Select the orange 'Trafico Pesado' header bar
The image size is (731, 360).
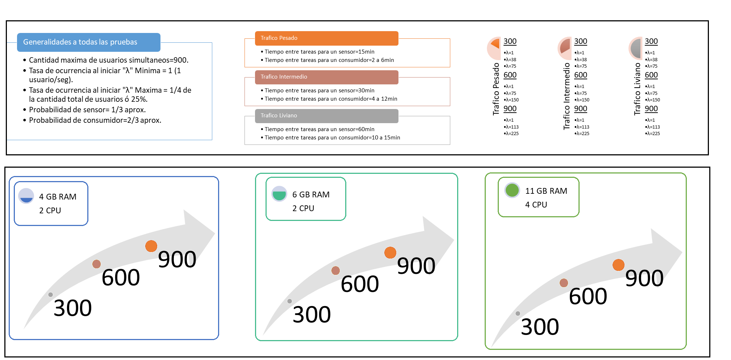[326, 38]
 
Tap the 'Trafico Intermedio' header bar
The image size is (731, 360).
[326, 77]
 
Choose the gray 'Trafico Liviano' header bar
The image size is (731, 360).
[326, 116]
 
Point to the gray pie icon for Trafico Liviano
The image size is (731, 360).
[636, 48]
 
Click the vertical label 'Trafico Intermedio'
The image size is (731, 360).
[567, 96]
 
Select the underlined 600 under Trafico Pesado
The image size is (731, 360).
[510, 75]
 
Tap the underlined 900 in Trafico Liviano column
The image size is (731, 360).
[651, 109]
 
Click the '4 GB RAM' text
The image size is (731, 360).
[58, 197]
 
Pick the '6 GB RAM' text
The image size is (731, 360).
[311, 194]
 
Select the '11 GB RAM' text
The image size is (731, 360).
[546, 191]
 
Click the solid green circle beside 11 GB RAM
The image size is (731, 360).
[512, 190]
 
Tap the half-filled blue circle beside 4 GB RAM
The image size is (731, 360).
[26, 196]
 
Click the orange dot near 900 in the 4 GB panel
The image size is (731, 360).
[151, 246]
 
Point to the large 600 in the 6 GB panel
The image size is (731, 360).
[360, 284]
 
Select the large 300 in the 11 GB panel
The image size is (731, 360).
[540, 326]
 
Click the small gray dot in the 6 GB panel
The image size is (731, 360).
[289, 301]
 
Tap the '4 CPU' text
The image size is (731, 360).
[536, 205]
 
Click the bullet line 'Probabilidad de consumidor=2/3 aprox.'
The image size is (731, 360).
[95, 120]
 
